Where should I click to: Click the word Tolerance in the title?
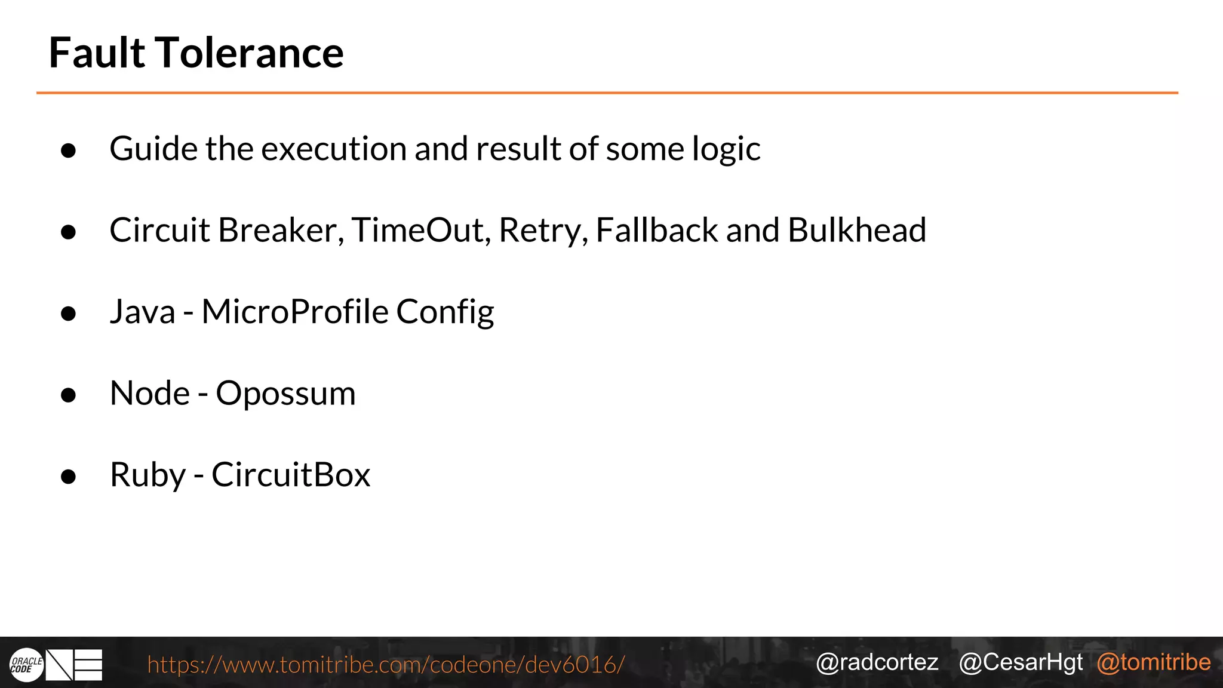pos(250,53)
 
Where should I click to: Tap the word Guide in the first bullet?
pos(153,149)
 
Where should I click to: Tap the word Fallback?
pos(656,231)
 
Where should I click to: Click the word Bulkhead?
pos(857,231)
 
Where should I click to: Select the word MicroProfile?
pos(295,312)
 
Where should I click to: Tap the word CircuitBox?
pos(291,475)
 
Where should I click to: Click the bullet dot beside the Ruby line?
pos(69,477)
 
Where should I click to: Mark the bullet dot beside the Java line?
pos(69,314)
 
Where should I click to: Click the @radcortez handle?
pos(877,662)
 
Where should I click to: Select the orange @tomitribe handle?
pos(1154,662)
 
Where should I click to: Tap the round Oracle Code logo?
pos(26,665)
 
